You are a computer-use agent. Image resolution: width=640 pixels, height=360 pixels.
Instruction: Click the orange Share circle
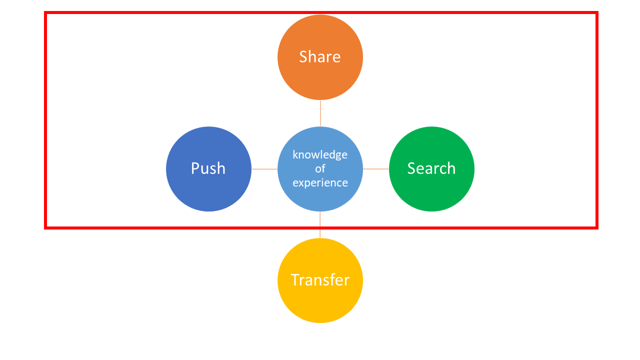pyautogui.click(x=320, y=57)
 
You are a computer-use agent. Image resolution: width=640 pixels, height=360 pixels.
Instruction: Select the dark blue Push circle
pyautogui.click(x=208, y=169)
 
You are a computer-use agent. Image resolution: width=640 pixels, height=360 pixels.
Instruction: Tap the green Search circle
pyautogui.click(x=431, y=169)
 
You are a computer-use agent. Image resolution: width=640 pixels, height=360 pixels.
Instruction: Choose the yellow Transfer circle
pyautogui.click(x=320, y=280)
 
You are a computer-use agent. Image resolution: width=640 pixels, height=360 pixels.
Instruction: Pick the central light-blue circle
pyautogui.click(x=320, y=169)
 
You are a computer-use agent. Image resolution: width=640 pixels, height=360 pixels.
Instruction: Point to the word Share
pyautogui.click(x=319, y=56)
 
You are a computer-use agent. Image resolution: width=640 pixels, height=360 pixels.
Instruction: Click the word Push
pyautogui.click(x=208, y=168)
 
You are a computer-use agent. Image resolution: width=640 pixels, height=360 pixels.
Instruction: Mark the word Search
pyautogui.click(x=431, y=168)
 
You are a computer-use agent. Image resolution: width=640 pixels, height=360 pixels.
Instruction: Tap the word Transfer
pyautogui.click(x=320, y=279)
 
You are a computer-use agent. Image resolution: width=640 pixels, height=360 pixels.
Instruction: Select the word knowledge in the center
pyautogui.click(x=320, y=155)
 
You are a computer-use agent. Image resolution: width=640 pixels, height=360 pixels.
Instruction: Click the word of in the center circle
pyautogui.click(x=320, y=168)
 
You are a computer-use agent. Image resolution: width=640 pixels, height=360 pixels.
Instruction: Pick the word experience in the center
pyautogui.click(x=320, y=183)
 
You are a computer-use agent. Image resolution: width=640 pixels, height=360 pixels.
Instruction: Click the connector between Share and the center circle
pyautogui.click(x=320, y=113)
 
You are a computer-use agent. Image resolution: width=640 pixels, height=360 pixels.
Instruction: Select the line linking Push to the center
pyautogui.click(x=264, y=169)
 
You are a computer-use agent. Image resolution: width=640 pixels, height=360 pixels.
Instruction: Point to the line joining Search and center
pyautogui.click(x=376, y=169)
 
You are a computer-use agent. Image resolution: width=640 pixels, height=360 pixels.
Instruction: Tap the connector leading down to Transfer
pyautogui.click(x=320, y=225)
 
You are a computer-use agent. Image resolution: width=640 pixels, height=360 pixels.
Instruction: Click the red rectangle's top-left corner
pyautogui.click(x=45, y=12)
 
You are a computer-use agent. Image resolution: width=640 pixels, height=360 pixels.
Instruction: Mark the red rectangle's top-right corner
pyautogui.click(x=597, y=12)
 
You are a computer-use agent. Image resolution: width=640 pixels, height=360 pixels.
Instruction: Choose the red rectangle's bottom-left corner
pyautogui.click(x=45, y=228)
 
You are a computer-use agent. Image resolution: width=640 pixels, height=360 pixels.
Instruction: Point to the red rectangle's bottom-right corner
pyautogui.click(x=597, y=228)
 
